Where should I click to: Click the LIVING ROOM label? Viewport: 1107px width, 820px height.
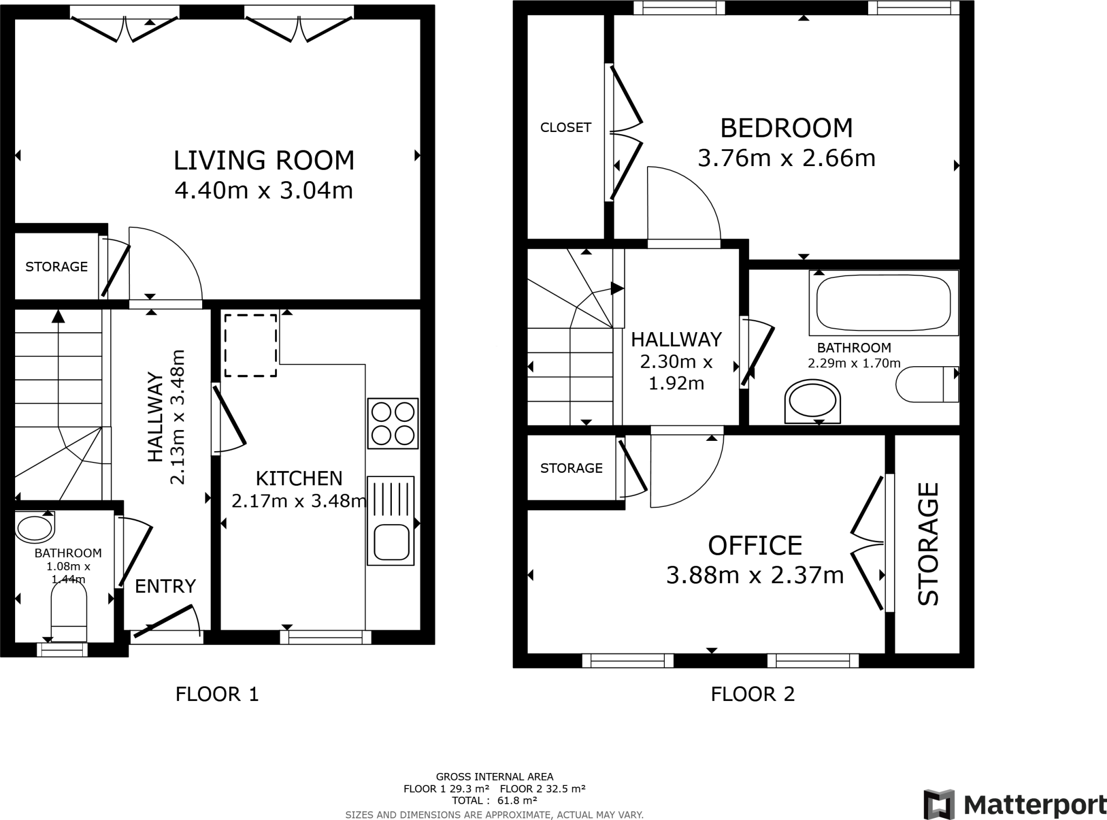pyautogui.click(x=264, y=160)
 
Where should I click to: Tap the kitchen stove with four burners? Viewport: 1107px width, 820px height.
pyautogui.click(x=393, y=424)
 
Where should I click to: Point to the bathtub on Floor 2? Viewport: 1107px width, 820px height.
pyautogui.click(x=883, y=302)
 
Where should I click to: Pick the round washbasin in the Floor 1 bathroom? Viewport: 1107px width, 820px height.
pyautogui.click(x=35, y=527)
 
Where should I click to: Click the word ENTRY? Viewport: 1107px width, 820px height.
pyautogui.click(x=165, y=586)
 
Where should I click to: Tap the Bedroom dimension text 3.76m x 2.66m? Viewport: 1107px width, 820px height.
pyautogui.click(x=786, y=158)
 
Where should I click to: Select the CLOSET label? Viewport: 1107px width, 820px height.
pyautogui.click(x=566, y=127)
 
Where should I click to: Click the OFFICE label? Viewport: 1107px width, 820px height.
pyautogui.click(x=755, y=546)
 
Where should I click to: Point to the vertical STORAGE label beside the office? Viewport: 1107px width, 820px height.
pyautogui.click(x=929, y=544)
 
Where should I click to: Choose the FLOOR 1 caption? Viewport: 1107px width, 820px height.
pyautogui.click(x=217, y=694)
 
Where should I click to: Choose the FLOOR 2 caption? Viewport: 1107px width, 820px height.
pyautogui.click(x=753, y=694)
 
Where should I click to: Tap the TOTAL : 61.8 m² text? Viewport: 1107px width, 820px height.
pyautogui.click(x=495, y=801)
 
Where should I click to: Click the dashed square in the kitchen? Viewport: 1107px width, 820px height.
pyautogui.click(x=251, y=345)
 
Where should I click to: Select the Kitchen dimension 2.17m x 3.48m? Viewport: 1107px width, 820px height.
pyautogui.click(x=299, y=501)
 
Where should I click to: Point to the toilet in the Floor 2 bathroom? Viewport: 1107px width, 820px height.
pyautogui.click(x=927, y=384)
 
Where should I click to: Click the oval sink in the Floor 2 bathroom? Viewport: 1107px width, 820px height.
pyautogui.click(x=812, y=401)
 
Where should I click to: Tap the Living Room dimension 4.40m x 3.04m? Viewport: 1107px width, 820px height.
pyautogui.click(x=264, y=190)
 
